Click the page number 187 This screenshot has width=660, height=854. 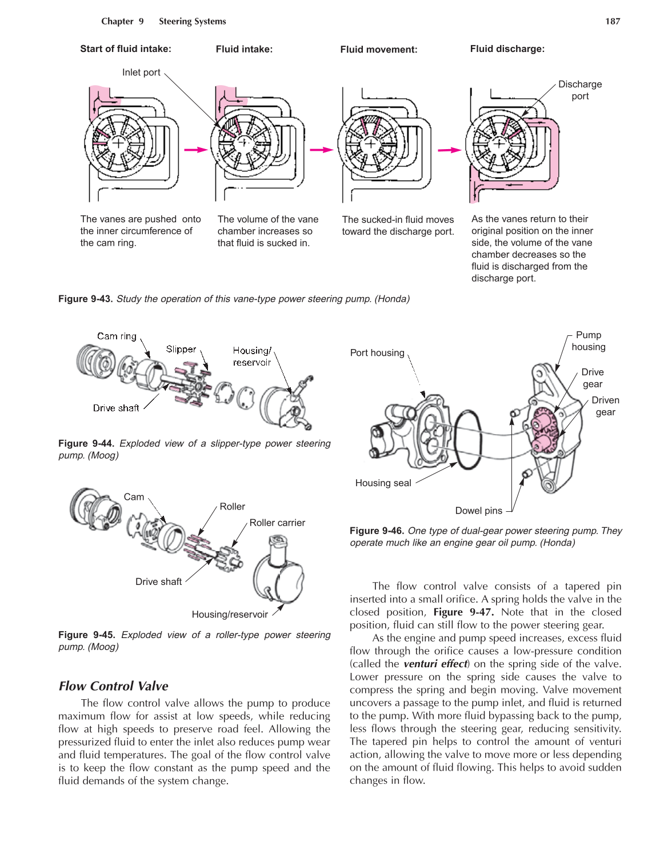click(x=613, y=22)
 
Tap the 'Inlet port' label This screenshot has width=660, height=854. click(x=141, y=73)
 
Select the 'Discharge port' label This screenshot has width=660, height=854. click(x=579, y=90)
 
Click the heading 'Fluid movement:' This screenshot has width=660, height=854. click(x=378, y=50)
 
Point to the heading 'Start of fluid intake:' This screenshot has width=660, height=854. click(x=126, y=49)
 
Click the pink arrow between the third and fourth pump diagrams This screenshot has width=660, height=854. click(x=449, y=150)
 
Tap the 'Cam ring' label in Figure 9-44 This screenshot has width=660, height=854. click(x=117, y=336)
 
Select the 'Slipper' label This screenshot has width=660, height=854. click(x=181, y=349)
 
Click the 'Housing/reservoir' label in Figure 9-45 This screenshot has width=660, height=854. click(x=230, y=615)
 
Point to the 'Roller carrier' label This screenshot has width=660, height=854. click(x=277, y=523)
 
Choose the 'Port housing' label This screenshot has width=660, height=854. click(x=377, y=353)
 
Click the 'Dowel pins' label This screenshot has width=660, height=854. click(x=479, y=511)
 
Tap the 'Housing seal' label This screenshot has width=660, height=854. click(x=383, y=483)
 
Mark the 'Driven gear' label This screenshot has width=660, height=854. click(x=605, y=406)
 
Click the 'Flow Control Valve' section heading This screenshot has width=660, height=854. click(x=114, y=686)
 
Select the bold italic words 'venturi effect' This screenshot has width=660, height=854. click(x=435, y=664)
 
